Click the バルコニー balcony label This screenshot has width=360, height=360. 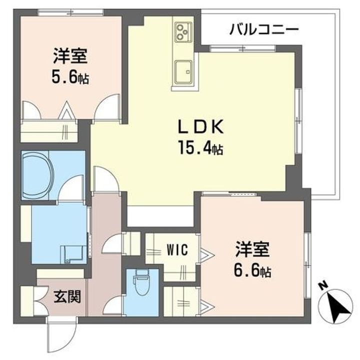point(264,28)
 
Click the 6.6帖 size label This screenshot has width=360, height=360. point(252,271)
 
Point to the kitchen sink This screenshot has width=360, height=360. point(182,69)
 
